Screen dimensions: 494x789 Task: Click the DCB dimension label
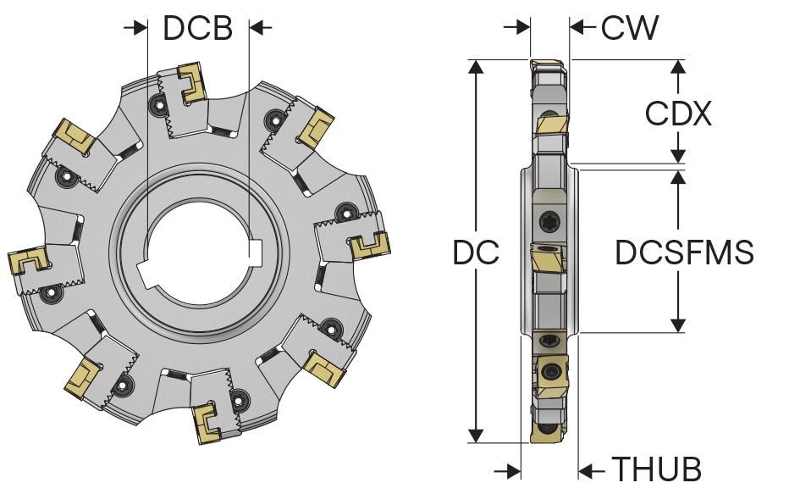pyautogui.click(x=197, y=28)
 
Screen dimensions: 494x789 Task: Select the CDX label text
pyautogui.click(x=678, y=114)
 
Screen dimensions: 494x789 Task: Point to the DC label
pyautogui.click(x=476, y=252)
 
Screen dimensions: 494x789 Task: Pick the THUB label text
pyautogui.click(x=657, y=469)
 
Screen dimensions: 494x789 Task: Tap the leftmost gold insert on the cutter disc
pyautogui.click(x=25, y=262)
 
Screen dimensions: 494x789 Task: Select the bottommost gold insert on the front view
pyautogui.click(x=208, y=424)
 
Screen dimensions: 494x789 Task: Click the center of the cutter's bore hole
pyautogui.click(x=199, y=255)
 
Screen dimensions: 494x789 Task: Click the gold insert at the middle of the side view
pyautogui.click(x=548, y=258)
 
